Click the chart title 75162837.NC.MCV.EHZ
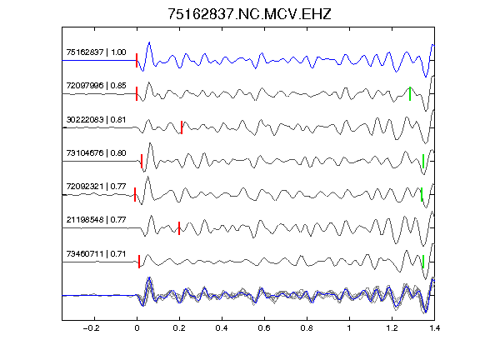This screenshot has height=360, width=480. pos(249,14)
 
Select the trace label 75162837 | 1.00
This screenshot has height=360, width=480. pos(96,52)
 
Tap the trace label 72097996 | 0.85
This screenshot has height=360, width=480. pos(96,85)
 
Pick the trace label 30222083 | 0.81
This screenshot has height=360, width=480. pos(96,120)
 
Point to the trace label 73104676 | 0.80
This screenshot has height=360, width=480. pos(96,153)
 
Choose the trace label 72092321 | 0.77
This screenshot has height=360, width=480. pos(96,187)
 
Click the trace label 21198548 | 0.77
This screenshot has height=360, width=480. pos(96,220)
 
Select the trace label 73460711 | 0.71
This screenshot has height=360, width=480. pos(96,254)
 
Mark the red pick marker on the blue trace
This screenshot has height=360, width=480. pos(137,60)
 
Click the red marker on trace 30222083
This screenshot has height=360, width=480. pos(182,127)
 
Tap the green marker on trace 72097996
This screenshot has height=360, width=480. pos(410,93)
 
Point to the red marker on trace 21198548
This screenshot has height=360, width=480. pos(179,228)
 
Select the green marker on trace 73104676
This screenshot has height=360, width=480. pos(423,161)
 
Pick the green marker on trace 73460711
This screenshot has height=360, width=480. pos(423,262)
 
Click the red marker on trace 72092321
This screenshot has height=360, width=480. pos(135,195)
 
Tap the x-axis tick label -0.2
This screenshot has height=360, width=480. pos(91,328)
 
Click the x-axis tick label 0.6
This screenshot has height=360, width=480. pos(264,328)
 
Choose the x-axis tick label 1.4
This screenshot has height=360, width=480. pos(434,328)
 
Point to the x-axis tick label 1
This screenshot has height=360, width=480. pos(349,328)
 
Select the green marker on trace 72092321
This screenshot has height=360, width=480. pos(422,194)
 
